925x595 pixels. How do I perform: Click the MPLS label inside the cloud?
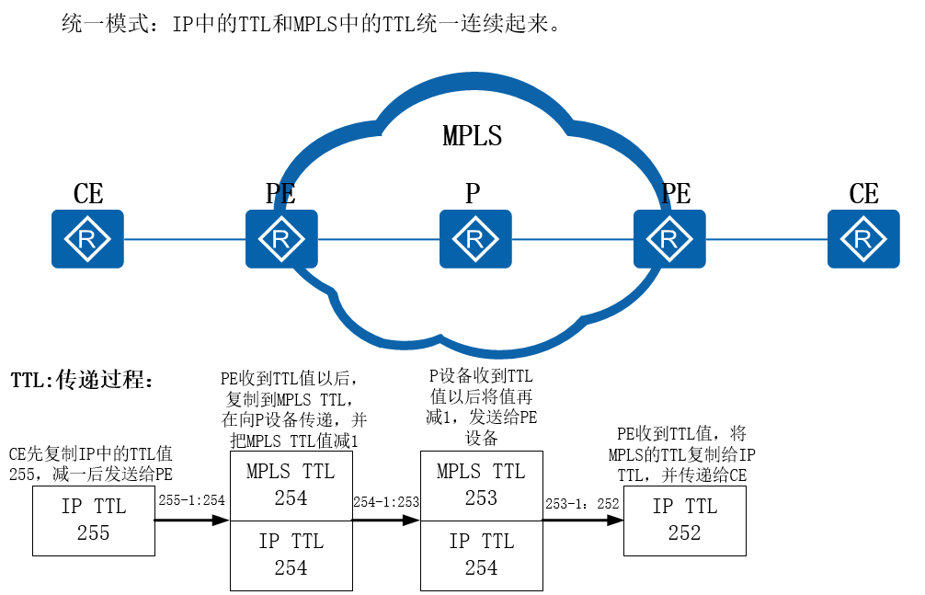472,136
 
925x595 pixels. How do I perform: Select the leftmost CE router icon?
87,239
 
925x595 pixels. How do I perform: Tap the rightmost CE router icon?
862,239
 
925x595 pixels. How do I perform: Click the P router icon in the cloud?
474,239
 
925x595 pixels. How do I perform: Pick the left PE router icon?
280,239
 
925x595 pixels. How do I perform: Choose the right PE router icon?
668,239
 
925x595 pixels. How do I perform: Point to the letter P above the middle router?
473,194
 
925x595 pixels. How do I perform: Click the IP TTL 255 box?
93,521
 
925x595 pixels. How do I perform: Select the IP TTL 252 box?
684,521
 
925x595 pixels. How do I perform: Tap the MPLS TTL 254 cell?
291,486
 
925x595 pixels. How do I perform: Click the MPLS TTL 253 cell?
481,486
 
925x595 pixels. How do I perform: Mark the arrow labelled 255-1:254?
191,520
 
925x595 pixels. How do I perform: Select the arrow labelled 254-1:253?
385,520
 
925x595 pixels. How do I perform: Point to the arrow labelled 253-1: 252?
582,520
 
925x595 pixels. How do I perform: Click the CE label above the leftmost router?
88,194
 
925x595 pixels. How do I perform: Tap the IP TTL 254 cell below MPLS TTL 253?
481,555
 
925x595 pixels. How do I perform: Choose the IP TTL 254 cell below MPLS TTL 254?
291,555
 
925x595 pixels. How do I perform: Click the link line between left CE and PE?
184,239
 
